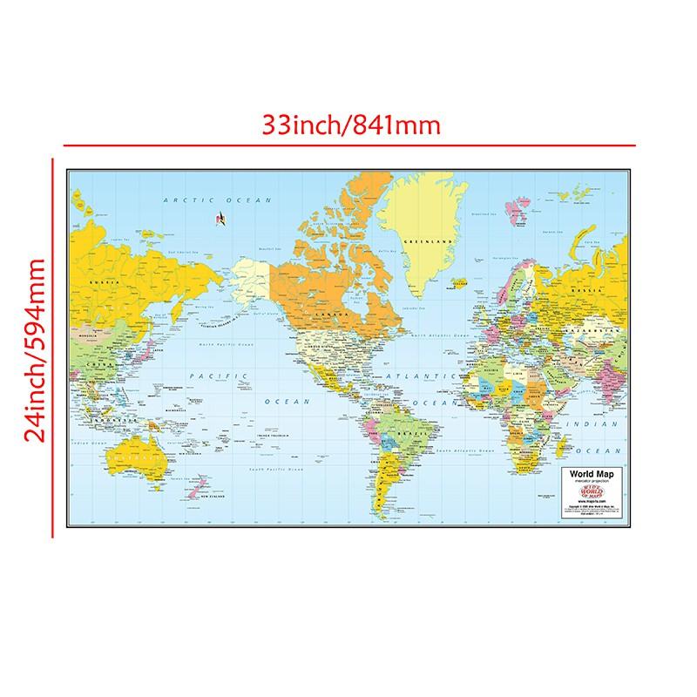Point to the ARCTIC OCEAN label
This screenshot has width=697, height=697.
point(213,200)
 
